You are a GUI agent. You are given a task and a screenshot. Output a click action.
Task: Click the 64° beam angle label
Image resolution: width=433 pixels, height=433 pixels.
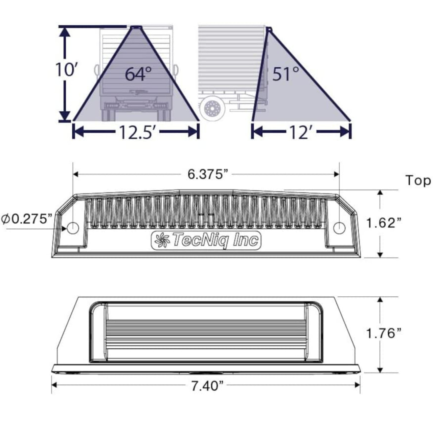[138, 74]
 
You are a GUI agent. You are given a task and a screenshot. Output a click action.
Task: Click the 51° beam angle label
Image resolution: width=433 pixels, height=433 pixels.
[286, 73]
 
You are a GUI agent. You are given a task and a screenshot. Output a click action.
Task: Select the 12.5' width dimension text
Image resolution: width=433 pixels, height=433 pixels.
[137, 132]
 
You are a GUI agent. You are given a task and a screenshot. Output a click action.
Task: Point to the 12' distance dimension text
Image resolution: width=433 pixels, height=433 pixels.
[300, 132]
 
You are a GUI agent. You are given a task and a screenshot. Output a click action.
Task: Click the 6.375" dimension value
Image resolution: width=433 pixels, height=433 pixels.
[206, 174]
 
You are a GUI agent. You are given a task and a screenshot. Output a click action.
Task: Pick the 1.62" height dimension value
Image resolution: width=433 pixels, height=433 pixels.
[384, 223]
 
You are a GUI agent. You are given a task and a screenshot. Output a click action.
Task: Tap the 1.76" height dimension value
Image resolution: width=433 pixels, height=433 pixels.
[384, 333]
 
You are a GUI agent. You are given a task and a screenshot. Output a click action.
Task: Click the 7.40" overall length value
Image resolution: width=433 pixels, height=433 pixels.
[207, 386]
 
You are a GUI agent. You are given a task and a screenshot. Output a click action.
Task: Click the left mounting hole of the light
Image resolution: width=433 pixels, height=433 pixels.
[73, 228]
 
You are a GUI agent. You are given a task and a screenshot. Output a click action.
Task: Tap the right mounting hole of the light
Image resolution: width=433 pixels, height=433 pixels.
[339, 228]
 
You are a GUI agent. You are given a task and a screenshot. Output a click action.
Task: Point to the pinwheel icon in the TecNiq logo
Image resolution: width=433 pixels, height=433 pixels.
[161, 241]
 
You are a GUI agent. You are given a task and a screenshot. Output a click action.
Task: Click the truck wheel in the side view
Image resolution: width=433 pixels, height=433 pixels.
[212, 109]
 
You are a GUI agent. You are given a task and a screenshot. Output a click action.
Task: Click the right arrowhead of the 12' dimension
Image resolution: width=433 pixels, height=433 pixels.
[345, 131]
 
